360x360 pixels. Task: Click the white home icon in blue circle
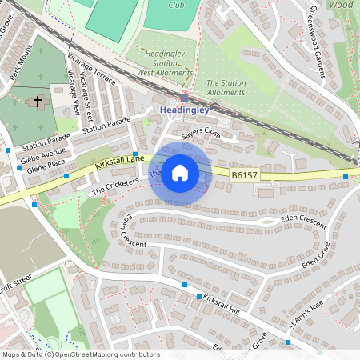pos(180,172)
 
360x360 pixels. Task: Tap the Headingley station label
pos(184,110)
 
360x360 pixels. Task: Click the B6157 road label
pos(245,174)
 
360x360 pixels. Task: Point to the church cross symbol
pos(37,102)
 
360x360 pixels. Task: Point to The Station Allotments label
pos(226,87)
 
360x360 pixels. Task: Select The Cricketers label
pos(115,187)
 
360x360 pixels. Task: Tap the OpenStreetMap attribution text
pos(80,354)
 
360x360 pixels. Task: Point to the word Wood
pos(341,4)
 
